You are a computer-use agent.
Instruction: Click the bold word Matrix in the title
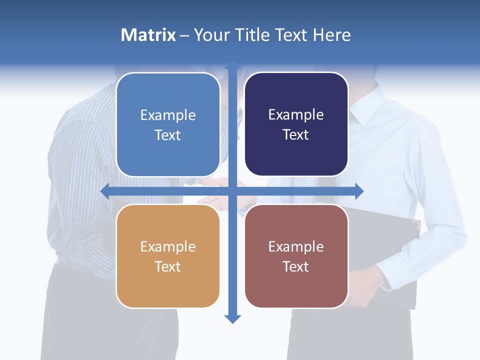(148, 35)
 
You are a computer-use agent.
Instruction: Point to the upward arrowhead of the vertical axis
(232, 65)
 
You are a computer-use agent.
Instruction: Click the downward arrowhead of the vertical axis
(232, 318)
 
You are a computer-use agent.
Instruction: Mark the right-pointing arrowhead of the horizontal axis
(358, 191)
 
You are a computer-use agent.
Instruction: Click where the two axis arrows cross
(232, 191)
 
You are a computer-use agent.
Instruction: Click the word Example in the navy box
(296, 115)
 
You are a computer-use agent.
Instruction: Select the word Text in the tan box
(168, 266)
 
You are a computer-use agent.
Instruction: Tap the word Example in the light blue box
(168, 115)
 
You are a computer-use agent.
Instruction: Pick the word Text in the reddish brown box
(296, 266)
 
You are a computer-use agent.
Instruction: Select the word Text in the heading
(290, 35)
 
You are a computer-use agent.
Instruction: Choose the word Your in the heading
(210, 35)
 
